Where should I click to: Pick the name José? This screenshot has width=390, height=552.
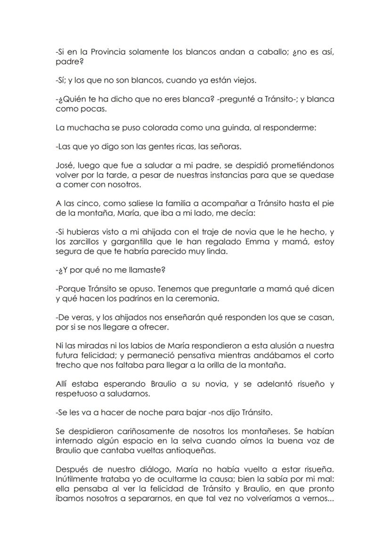(65, 165)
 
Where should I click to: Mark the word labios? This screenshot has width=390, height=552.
(147, 346)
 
